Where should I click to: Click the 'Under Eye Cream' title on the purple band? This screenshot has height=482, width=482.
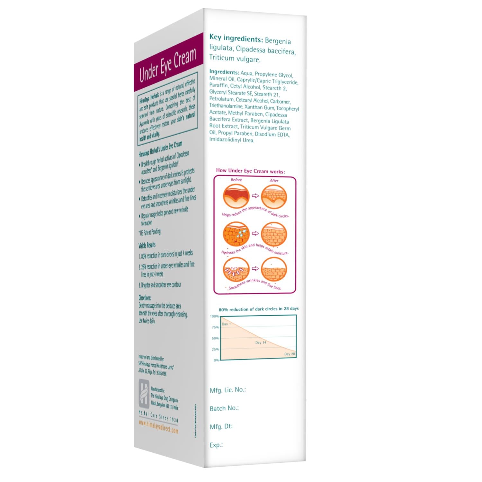click(x=167, y=66)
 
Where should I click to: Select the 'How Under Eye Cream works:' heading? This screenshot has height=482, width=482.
click(x=250, y=171)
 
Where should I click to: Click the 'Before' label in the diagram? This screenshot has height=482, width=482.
click(x=236, y=180)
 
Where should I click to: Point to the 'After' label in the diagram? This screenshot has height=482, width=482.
click(x=274, y=181)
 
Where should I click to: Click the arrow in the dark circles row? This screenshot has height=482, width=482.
click(x=255, y=196)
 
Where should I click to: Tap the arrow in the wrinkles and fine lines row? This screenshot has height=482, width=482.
click(x=255, y=269)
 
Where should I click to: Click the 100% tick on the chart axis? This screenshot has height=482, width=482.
click(x=214, y=316)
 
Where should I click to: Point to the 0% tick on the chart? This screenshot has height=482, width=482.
click(x=216, y=360)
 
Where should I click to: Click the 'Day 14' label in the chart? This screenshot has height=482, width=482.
click(x=261, y=343)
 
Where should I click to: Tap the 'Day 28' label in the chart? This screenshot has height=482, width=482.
click(x=289, y=354)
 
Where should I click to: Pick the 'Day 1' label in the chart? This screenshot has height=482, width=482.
click(x=226, y=324)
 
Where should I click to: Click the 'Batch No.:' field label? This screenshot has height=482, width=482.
click(x=224, y=408)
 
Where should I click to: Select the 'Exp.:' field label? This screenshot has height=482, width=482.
click(x=216, y=445)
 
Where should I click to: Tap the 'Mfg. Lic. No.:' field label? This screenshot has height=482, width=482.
click(x=228, y=390)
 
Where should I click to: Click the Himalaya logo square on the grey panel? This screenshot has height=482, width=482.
click(x=144, y=393)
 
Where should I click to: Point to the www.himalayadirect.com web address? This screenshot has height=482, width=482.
click(x=158, y=427)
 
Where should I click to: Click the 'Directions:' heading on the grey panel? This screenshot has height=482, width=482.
click(x=145, y=298)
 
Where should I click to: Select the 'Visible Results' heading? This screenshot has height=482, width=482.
click(x=147, y=245)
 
